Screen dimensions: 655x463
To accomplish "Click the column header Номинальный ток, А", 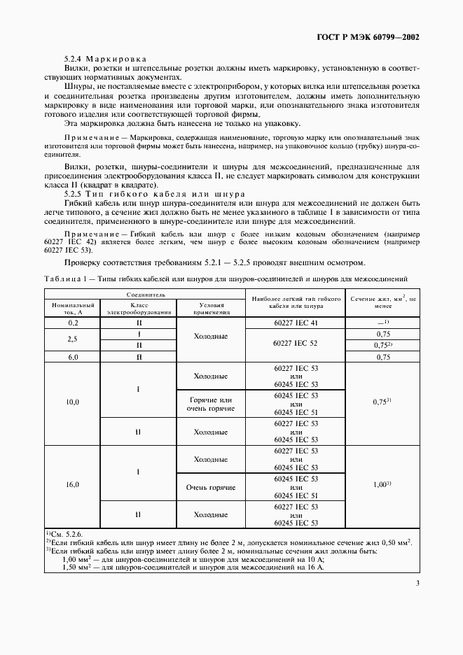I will [73, 309].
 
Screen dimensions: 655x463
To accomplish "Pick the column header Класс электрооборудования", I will [139, 309].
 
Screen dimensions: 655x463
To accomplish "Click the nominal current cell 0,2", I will [73, 323].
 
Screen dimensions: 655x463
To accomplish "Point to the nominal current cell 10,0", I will [73, 402].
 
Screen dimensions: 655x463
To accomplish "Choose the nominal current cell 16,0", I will [73, 484].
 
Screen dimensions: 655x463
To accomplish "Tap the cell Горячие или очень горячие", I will [211, 402].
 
